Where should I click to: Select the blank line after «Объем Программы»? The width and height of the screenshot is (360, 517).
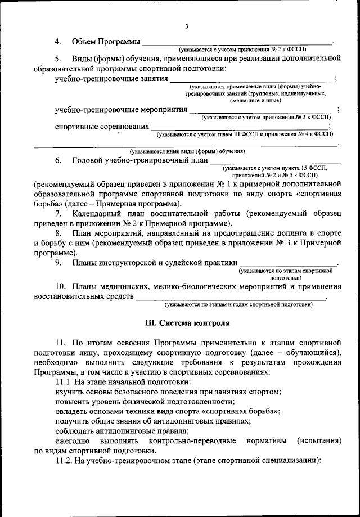pyautogui.click(x=237, y=43)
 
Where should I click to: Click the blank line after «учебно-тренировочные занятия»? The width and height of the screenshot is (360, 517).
pyautogui.click(x=252, y=80)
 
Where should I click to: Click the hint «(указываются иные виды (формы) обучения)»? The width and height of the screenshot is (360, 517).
pyautogui.click(x=187, y=151)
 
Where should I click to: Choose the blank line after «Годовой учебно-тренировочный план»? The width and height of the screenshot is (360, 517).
pyautogui.click(x=274, y=163)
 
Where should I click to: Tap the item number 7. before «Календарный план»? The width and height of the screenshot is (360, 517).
pyautogui.click(x=58, y=214)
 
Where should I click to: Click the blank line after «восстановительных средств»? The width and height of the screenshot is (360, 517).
pyautogui.click(x=231, y=298)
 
